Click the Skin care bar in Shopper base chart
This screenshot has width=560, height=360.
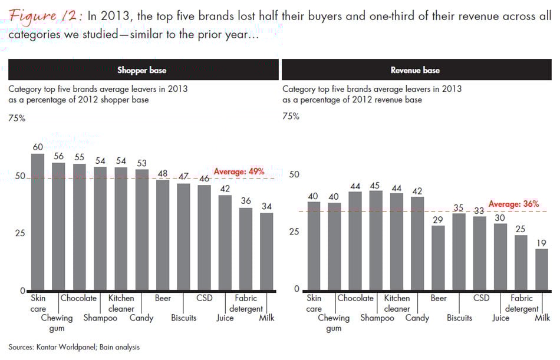38,223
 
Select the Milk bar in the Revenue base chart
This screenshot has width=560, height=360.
541,269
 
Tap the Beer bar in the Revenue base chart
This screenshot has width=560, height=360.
437,257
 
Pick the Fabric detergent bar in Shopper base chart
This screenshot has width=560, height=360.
246,249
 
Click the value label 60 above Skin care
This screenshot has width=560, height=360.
38,147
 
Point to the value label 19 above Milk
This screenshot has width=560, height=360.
541,242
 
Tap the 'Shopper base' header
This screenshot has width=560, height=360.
141,70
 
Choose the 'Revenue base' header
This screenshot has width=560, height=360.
415,70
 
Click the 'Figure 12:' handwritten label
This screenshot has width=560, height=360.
45,16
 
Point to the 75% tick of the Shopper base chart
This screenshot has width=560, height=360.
17,118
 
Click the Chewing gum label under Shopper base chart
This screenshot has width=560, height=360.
58,323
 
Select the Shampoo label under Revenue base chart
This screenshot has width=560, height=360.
377,318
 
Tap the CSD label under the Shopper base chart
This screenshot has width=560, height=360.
204,298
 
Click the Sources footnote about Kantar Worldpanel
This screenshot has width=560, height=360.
74,347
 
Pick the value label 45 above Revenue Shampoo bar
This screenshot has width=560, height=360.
375,186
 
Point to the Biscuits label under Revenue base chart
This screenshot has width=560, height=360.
459,318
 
